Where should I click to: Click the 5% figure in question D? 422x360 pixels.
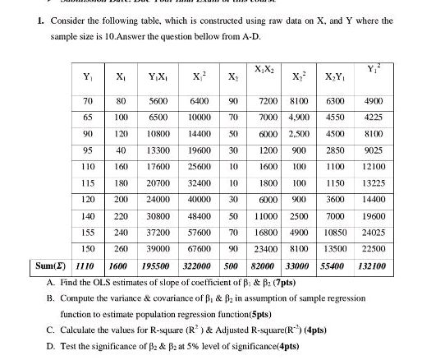[215, 346]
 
